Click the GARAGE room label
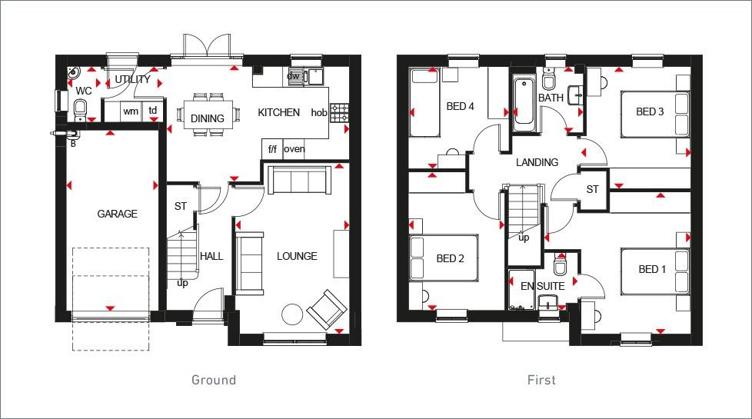click(117, 214)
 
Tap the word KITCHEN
click(278, 113)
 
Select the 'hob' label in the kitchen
click(318, 113)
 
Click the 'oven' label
click(294, 149)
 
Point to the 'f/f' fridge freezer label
click(271, 149)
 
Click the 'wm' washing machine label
click(131, 111)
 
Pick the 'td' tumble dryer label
click(153, 111)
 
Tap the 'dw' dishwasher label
click(293, 76)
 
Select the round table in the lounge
click(292, 314)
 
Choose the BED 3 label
click(650, 112)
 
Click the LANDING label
click(537, 162)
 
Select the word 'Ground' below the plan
click(213, 380)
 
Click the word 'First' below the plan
click(541, 380)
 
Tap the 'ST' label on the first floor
click(592, 189)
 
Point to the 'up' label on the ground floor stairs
click(182, 283)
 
